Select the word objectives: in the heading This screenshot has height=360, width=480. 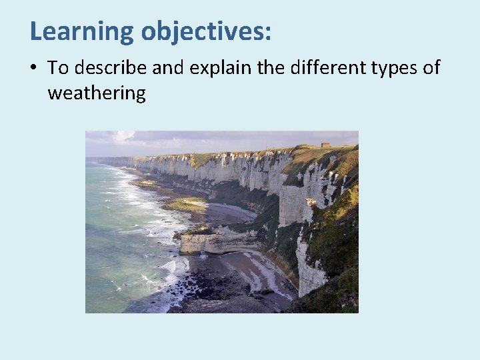pos(206,31)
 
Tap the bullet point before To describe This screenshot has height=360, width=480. pos(33,68)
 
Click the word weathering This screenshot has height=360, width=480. pos(96,93)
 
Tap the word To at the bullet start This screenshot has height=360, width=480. pos(58,68)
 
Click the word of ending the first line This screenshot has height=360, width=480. pos(431,68)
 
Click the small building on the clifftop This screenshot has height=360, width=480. pos(325,145)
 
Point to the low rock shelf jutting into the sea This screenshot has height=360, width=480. pos(207,241)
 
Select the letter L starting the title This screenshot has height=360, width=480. pos(36,31)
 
